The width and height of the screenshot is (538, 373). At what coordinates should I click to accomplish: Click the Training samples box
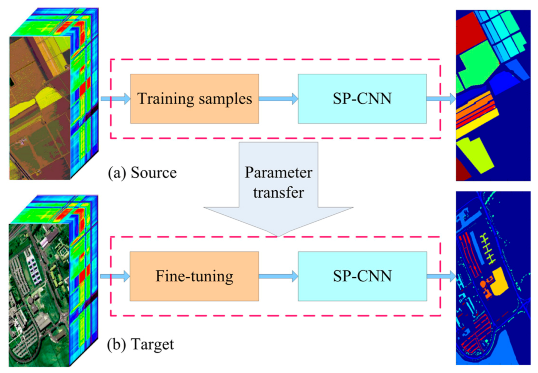(194, 99)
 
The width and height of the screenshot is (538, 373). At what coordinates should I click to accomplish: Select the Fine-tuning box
(194, 276)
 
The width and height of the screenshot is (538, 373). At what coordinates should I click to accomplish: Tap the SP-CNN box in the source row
(362, 99)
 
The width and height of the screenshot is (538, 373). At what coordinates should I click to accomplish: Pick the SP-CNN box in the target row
(362, 276)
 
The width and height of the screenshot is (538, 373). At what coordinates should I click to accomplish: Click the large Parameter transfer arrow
(278, 186)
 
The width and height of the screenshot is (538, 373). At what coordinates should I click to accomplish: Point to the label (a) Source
(142, 173)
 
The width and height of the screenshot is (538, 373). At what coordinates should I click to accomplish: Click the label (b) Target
(140, 344)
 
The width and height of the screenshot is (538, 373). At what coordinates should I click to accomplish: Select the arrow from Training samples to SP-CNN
(278, 99)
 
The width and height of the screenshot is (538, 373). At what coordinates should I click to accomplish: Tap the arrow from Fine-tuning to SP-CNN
(278, 276)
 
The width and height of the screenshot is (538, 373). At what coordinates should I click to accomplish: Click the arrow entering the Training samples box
(116, 99)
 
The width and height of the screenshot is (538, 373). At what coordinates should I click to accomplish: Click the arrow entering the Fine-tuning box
(115, 276)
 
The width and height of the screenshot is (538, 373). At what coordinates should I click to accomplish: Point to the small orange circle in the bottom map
(483, 284)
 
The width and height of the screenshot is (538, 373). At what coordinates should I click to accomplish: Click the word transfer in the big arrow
(278, 193)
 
